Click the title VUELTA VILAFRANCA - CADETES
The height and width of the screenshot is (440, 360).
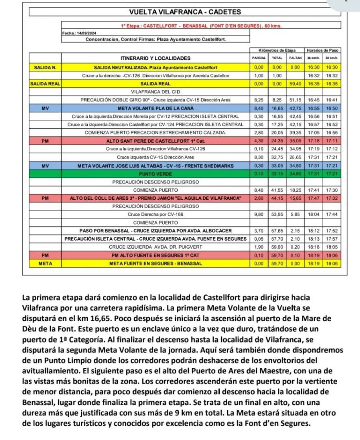(185, 12)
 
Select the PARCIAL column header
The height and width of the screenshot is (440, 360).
(259, 57)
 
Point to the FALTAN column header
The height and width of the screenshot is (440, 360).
(295, 57)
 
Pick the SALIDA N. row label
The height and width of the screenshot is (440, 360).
(45, 67)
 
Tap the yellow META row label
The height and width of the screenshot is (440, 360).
(45, 263)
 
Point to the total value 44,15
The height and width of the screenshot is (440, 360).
(277, 198)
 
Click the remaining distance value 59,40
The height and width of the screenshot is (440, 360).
(295, 84)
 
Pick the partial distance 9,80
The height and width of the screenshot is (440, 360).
(259, 214)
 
